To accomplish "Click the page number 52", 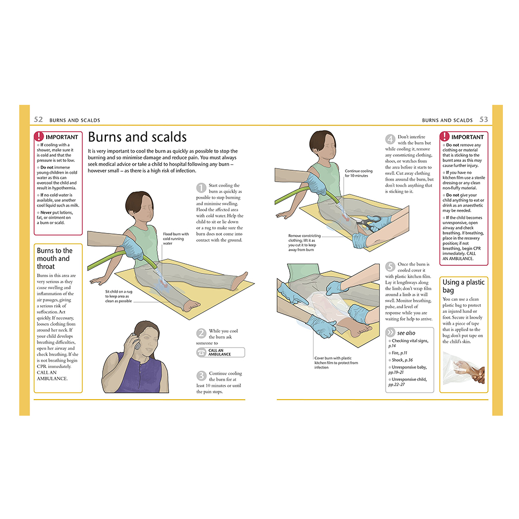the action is pos(38,119).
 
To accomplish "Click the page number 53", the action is pos(484,119).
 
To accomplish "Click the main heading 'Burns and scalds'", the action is pos(138,137).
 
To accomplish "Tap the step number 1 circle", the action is pos(201,188).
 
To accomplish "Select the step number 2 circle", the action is pos(201,333).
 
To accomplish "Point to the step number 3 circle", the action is pos(201,375).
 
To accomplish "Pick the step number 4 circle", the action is pos(390,139).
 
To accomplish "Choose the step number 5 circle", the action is pos(390,266).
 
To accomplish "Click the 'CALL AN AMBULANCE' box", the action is pos(221,352).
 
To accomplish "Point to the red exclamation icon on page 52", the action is pos(39,136).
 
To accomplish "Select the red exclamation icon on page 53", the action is pos(445,136).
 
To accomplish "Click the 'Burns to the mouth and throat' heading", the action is pos(54,258).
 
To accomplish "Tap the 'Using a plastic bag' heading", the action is pos(463,286).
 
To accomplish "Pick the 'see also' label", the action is pos(406,333).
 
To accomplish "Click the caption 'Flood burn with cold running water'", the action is pos(175,239).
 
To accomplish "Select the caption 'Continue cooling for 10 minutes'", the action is pos(359,173).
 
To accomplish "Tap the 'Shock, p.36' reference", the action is pos(402,360).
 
